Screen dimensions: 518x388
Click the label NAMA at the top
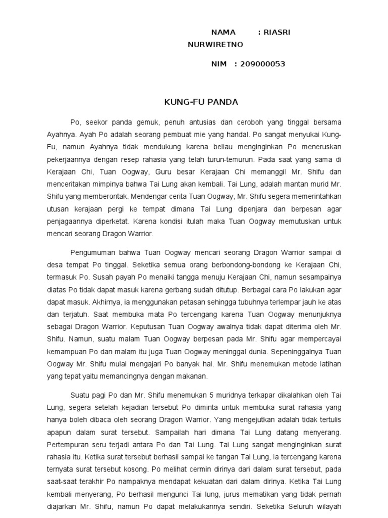[223, 32]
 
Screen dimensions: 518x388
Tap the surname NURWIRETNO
[215, 45]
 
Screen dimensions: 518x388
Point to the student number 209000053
[263, 64]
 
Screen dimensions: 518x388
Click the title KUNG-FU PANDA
[194, 102]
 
